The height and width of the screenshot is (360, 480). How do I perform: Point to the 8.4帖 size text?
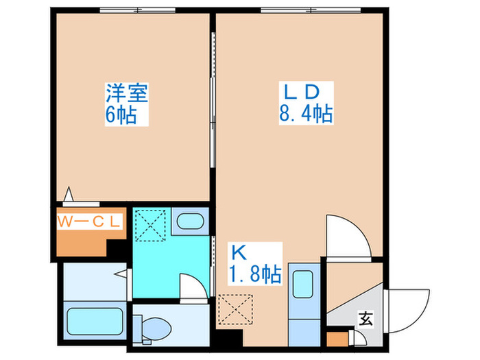305,114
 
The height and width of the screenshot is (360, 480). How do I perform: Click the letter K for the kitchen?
237,252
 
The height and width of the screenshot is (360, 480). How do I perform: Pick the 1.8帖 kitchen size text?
254,275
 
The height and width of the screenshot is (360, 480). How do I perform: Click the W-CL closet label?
89,221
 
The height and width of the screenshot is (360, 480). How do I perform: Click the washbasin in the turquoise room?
188,221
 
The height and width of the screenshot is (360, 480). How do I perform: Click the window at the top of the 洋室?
139,10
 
